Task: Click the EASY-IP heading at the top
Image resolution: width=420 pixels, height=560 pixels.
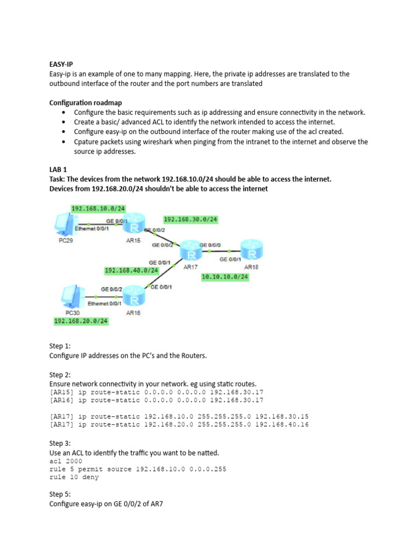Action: click(x=61, y=64)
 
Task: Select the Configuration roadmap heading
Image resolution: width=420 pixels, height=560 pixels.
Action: click(x=85, y=102)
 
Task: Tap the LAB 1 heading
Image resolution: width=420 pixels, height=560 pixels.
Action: click(x=57, y=170)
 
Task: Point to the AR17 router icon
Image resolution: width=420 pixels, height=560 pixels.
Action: click(x=191, y=252)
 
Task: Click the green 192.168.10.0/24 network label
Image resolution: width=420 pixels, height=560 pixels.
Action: click(x=98, y=208)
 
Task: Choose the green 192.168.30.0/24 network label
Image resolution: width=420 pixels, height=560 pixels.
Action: click(x=190, y=219)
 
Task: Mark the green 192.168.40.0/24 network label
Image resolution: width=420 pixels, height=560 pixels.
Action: click(x=131, y=270)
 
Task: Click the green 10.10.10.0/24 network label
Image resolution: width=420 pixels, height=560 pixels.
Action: click(x=225, y=277)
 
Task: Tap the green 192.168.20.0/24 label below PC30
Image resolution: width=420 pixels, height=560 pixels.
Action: click(x=80, y=321)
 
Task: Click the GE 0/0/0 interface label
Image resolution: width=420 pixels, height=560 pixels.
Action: click(x=211, y=245)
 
